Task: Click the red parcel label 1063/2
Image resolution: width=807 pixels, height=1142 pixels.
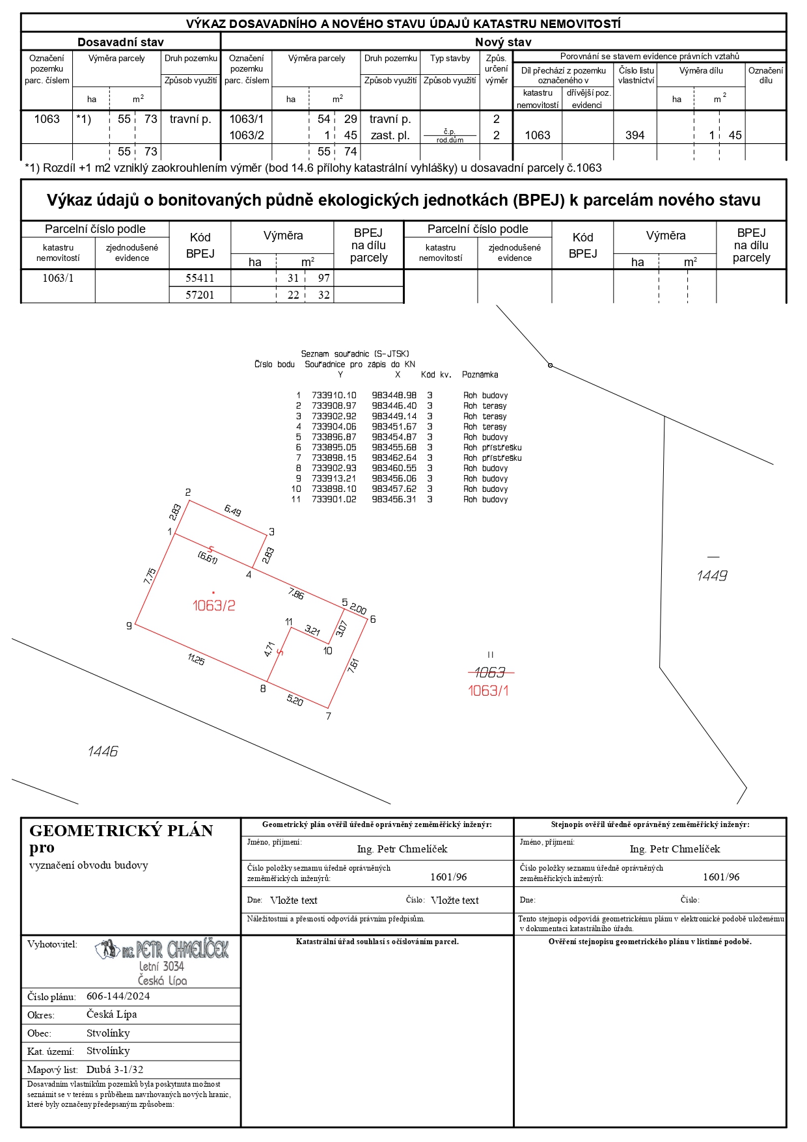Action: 213,605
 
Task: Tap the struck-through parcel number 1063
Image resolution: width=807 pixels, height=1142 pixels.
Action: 490,672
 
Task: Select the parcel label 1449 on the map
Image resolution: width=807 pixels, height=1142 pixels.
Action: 711,575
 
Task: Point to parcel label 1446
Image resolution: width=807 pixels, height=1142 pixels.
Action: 103,752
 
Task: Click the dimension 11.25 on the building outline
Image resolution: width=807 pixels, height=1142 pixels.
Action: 196,659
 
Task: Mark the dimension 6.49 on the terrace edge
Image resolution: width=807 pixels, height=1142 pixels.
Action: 232,511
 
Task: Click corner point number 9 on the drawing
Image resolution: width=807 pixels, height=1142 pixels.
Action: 129,626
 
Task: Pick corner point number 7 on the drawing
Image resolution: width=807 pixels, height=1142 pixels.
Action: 329,716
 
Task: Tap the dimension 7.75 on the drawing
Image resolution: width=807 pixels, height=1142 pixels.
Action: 150,576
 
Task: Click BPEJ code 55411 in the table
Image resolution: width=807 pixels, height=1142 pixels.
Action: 200,278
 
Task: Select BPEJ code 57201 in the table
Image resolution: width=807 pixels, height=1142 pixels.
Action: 200,295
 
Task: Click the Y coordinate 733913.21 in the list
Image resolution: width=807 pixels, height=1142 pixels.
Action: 334,478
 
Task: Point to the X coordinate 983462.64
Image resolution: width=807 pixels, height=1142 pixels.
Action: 394,457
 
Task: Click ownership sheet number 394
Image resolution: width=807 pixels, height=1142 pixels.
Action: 635,135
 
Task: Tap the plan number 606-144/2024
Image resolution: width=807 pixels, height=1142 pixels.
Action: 118,996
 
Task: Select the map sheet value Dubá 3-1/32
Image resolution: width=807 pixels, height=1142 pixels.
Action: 115,1069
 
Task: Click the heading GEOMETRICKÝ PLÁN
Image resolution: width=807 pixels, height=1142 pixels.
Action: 121,830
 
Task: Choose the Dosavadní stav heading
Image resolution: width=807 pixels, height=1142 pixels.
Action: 120,42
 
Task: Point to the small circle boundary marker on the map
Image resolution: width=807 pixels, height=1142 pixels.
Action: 550,365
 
